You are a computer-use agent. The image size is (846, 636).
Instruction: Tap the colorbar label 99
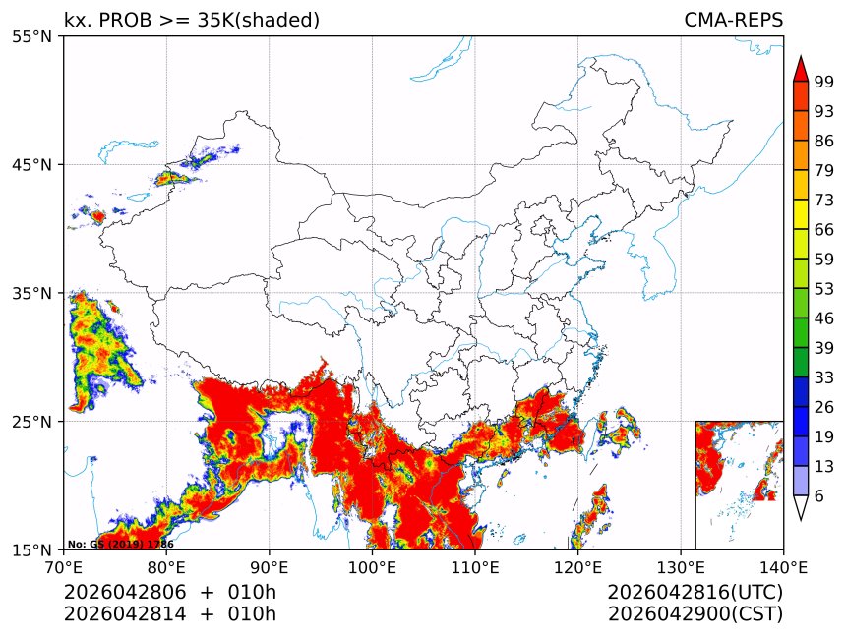click(824, 82)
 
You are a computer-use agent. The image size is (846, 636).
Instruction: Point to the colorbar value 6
click(818, 496)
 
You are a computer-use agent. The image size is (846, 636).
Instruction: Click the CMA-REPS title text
click(733, 21)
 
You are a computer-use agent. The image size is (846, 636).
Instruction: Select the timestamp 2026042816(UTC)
click(695, 593)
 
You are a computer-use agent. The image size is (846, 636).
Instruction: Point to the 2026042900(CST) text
click(695, 614)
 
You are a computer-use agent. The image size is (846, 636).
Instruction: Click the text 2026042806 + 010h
click(170, 593)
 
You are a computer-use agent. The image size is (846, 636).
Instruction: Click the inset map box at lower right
click(739, 485)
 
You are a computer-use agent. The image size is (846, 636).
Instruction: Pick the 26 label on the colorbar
click(824, 407)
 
